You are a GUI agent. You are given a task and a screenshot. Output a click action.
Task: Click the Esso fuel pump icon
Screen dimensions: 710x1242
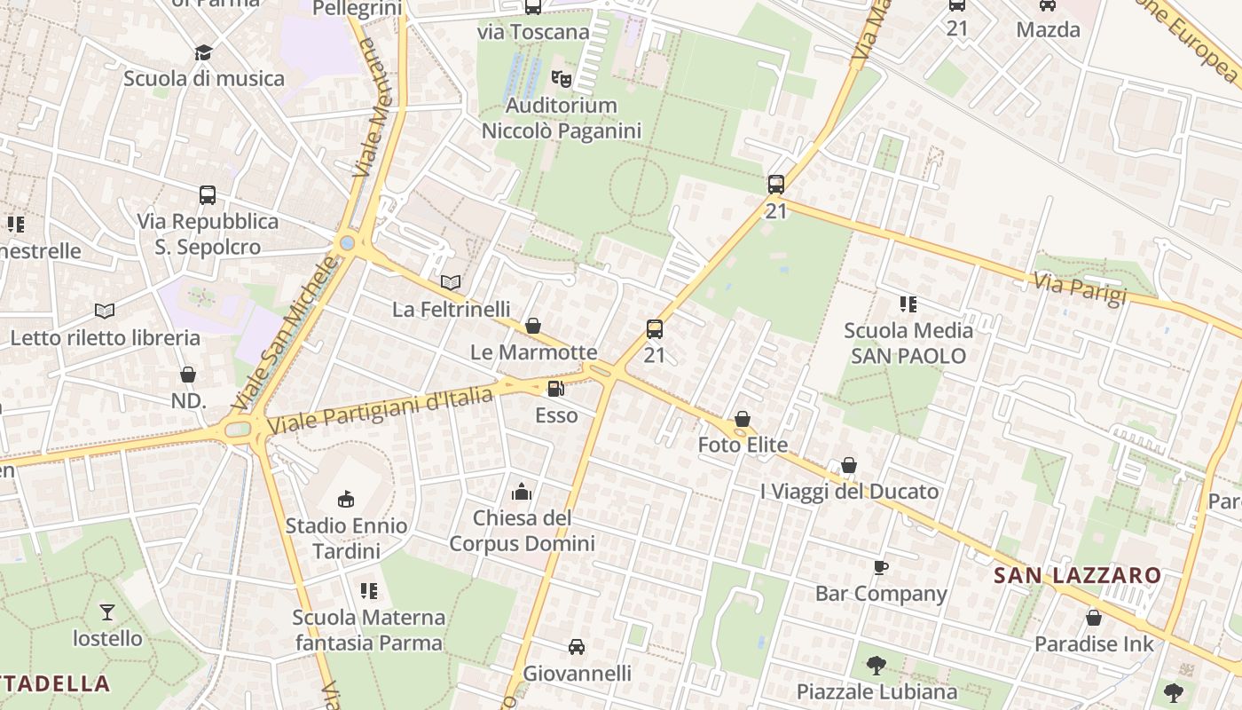tap(556, 388)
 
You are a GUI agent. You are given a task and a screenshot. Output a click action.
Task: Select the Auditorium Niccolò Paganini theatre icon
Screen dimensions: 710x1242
tap(562, 79)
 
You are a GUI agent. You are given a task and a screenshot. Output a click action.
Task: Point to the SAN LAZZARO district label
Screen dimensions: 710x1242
tap(1077, 575)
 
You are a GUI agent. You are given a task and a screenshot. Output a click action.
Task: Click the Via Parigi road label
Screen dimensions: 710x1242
tap(1080, 288)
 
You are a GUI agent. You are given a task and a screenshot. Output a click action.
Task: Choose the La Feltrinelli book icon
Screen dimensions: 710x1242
tap(451, 282)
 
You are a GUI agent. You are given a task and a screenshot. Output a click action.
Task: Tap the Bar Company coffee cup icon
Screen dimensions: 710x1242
tap(880, 567)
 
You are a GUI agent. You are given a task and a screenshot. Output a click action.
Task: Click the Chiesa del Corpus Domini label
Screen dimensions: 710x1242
tap(522, 530)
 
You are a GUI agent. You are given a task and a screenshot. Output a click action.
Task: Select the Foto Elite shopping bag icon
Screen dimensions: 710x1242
tap(743, 419)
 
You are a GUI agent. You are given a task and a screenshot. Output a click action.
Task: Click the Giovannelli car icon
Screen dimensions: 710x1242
tap(577, 647)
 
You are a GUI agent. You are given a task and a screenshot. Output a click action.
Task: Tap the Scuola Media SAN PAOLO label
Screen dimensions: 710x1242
tap(908, 343)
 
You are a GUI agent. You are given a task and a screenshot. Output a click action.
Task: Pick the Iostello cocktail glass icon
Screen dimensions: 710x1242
tap(107, 611)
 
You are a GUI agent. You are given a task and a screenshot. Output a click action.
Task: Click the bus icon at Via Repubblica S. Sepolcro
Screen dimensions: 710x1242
tap(208, 194)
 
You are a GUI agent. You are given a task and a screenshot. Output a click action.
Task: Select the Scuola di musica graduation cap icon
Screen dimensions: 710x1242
tap(204, 51)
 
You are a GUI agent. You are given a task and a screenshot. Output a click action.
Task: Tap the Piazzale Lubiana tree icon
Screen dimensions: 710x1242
tap(876, 665)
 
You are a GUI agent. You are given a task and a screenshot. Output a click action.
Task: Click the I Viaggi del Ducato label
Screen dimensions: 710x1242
tap(849, 491)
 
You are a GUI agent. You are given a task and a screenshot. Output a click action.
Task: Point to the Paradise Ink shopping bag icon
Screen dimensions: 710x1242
tap(1094, 618)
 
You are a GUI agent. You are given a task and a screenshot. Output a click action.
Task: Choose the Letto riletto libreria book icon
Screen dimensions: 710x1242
tap(105, 311)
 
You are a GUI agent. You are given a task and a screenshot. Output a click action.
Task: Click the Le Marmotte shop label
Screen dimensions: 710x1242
tap(533, 352)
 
